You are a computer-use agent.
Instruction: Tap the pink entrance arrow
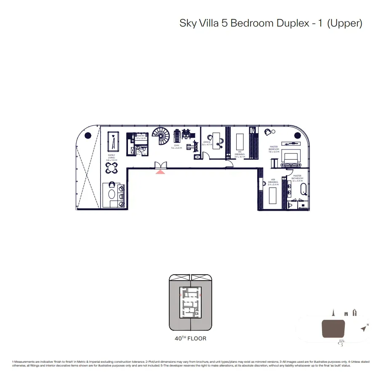click(x=160, y=171)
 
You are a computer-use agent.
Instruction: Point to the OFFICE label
click(x=207, y=143)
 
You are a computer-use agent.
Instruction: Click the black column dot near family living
click(x=88, y=135)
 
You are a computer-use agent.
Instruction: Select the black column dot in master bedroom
click(x=298, y=135)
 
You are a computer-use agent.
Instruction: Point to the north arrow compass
click(x=363, y=328)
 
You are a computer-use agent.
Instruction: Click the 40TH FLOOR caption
click(x=190, y=338)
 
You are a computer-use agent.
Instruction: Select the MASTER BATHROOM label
click(x=297, y=178)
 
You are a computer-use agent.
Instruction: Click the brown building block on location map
click(x=333, y=329)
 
